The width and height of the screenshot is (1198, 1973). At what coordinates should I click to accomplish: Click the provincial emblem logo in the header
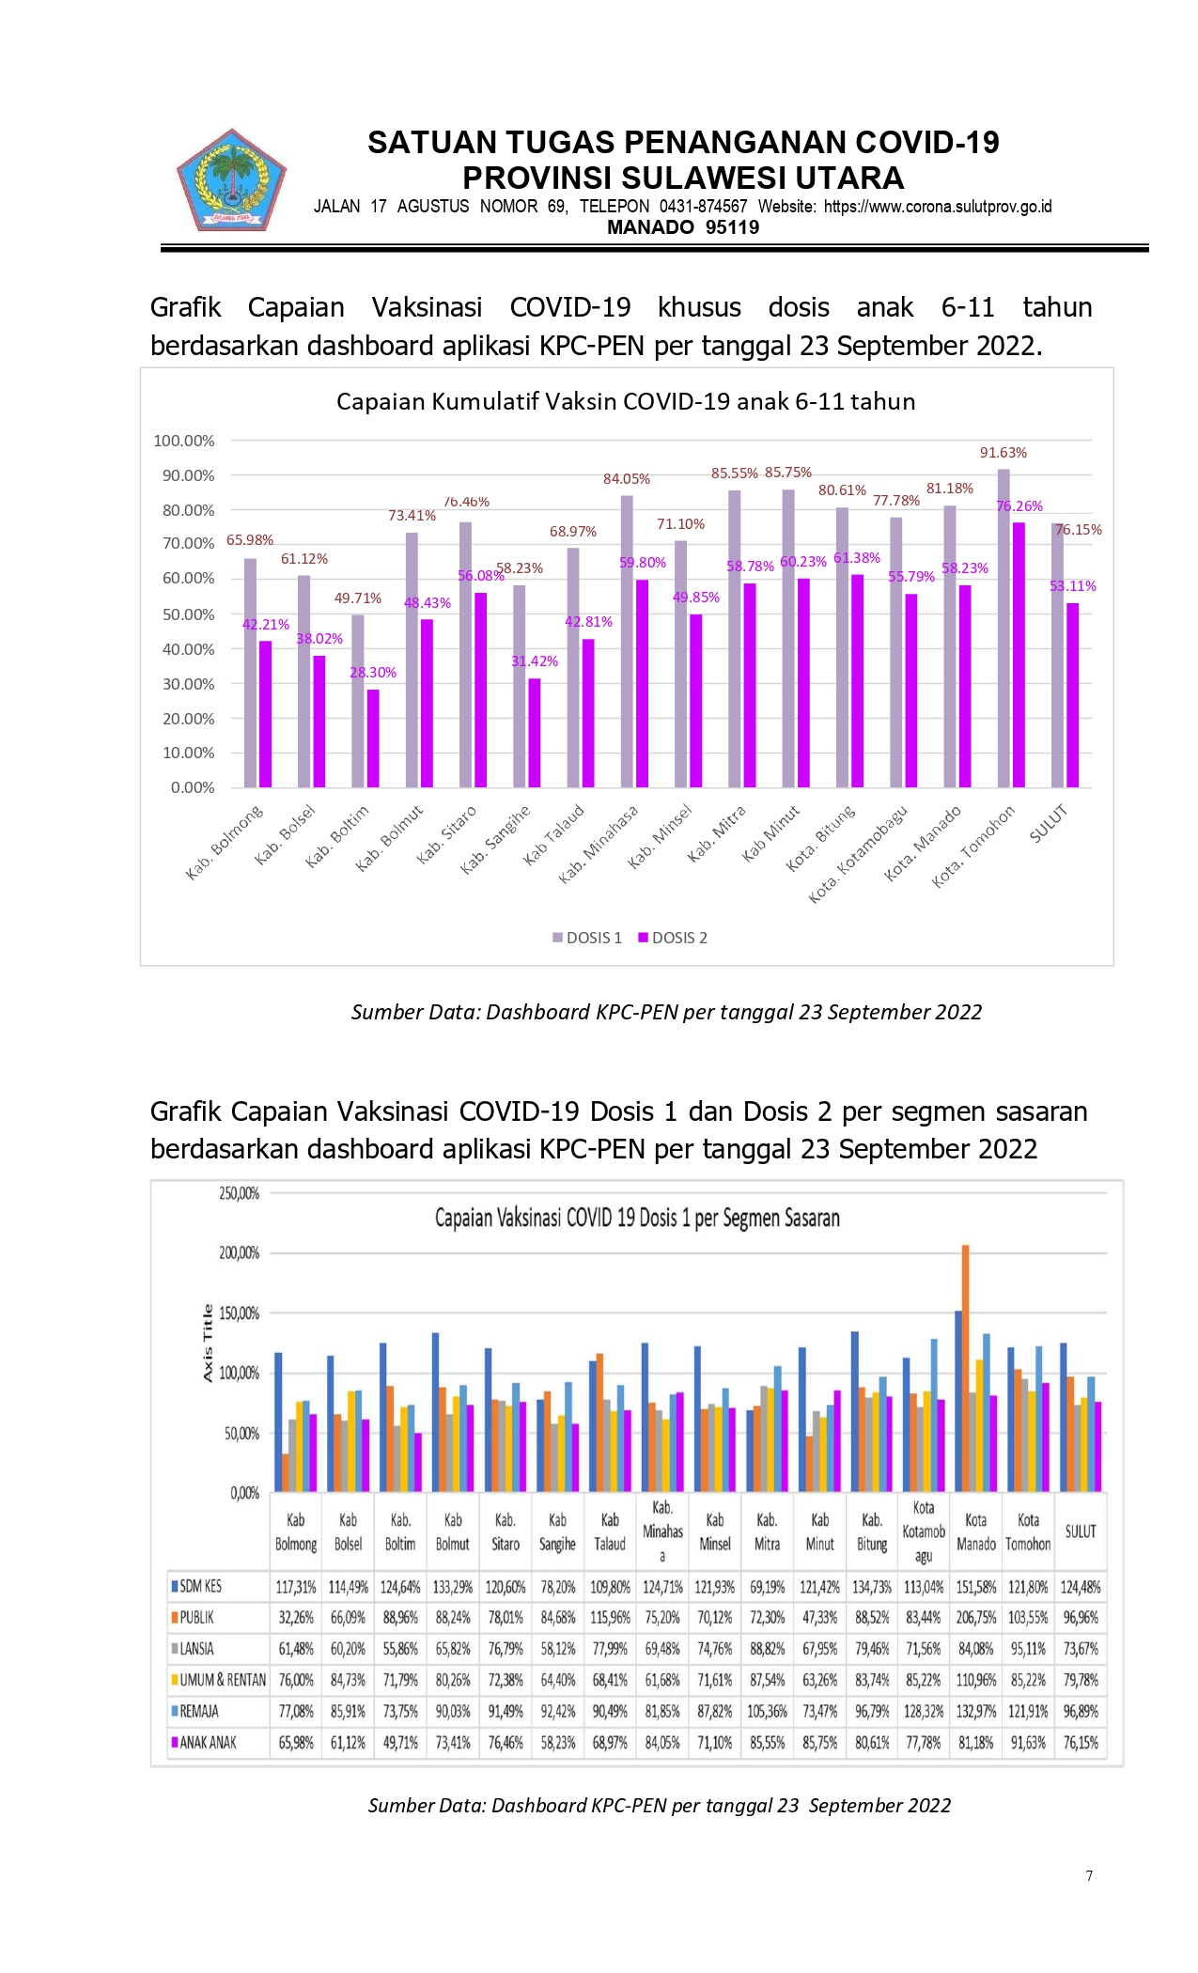pos(231,180)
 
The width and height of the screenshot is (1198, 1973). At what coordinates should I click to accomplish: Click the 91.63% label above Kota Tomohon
pos(1004,453)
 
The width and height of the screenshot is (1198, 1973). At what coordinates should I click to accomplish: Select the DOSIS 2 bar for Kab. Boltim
pos(373,738)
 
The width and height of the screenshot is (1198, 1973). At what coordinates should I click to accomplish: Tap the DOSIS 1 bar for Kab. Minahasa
pos(627,641)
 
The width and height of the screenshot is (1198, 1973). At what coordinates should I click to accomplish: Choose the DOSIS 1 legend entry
pos(587,938)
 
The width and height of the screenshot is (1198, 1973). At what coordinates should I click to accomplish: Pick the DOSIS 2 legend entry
pos(673,938)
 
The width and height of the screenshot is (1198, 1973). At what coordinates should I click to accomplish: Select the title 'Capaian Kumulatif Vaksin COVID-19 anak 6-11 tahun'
pos(626,402)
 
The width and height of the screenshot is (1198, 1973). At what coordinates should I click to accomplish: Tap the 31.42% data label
pos(535,661)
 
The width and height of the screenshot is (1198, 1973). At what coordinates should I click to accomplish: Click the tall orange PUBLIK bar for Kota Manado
pos(965,1368)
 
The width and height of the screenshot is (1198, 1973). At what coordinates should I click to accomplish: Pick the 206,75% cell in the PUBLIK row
pos(976,1618)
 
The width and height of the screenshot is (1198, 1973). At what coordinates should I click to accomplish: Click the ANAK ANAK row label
pos(204,1743)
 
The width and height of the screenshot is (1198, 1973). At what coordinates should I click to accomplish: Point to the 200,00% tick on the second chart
pos(240,1253)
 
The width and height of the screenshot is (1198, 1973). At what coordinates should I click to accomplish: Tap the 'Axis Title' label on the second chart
pos(208,1344)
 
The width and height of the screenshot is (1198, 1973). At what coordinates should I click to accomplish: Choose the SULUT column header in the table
pos(1081,1531)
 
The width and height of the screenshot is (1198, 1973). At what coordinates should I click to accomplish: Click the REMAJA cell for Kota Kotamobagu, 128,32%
pos(924,1712)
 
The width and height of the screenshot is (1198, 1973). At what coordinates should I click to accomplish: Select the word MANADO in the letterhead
pos(650,227)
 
